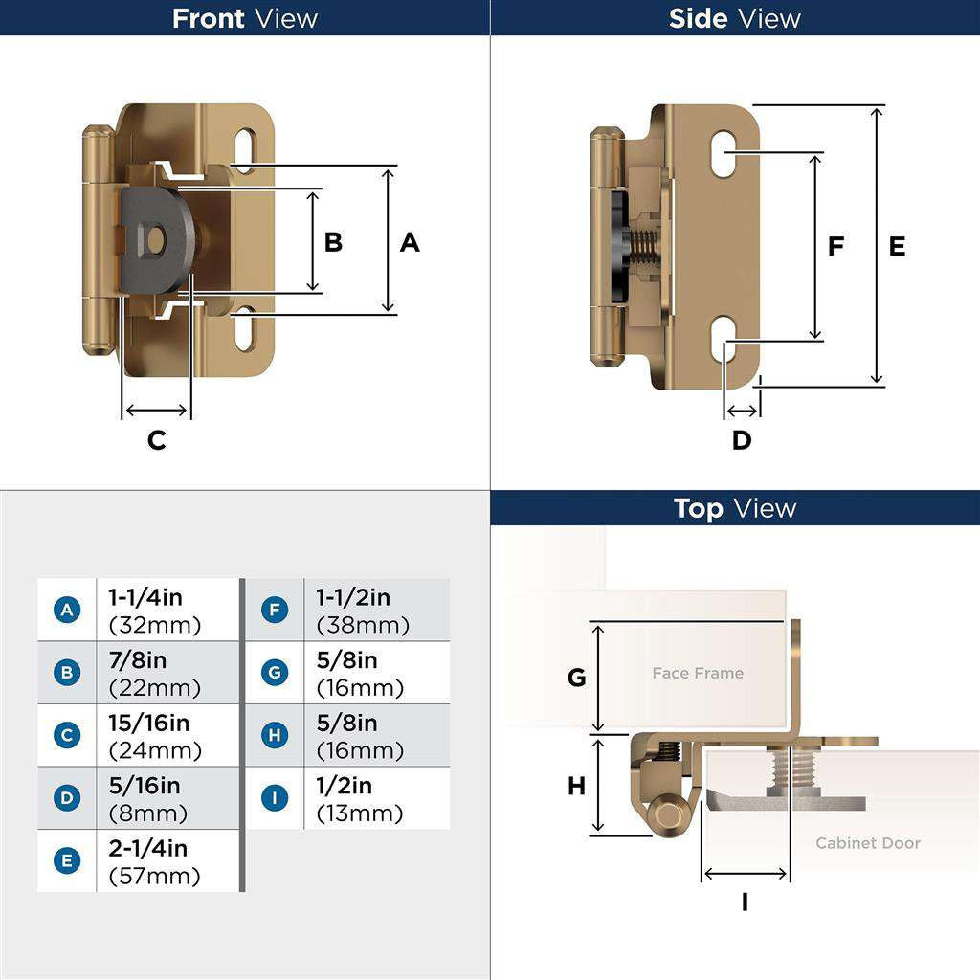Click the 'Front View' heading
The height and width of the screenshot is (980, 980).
click(245, 18)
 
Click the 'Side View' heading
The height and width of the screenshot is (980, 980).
click(734, 18)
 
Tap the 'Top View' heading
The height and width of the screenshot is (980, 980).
click(734, 508)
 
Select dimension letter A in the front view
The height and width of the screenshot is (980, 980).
click(410, 243)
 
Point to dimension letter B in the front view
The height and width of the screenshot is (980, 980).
click(333, 242)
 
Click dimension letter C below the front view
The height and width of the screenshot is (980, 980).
click(156, 440)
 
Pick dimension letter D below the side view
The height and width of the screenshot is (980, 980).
click(742, 440)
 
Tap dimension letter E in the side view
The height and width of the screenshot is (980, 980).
click(897, 247)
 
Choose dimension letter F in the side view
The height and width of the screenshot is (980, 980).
click(835, 247)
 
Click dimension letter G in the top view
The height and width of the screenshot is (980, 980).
click(576, 678)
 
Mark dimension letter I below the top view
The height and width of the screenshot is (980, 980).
click(745, 902)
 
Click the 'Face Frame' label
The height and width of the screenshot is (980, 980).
click(698, 674)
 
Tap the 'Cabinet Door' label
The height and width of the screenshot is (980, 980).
click(867, 843)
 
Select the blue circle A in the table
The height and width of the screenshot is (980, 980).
click(67, 610)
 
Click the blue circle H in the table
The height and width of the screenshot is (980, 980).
click(275, 735)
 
